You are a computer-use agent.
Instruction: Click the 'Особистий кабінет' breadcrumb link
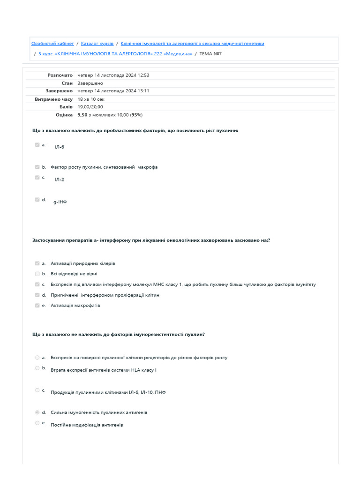click(x=52, y=44)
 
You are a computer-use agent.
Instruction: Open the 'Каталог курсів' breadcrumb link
click(x=97, y=44)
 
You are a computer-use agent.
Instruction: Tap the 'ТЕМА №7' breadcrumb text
click(x=210, y=54)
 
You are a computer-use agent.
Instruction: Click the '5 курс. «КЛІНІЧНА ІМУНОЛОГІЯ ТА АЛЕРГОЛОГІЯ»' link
click(x=115, y=54)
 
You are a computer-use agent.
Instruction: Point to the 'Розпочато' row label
click(x=60, y=75)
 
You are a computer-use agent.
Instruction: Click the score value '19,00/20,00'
click(x=90, y=107)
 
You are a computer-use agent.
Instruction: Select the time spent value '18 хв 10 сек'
click(x=91, y=99)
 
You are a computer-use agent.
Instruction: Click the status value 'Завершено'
click(x=90, y=83)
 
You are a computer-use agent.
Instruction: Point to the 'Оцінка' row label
click(x=64, y=115)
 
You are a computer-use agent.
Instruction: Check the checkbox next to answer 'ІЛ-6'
click(x=37, y=145)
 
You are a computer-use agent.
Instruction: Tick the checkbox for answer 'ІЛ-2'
click(x=37, y=178)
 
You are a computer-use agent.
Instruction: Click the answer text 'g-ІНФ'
click(x=60, y=202)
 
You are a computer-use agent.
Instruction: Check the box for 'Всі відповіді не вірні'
click(x=37, y=274)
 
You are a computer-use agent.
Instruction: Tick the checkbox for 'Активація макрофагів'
click(x=37, y=306)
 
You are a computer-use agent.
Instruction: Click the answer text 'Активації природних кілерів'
click(x=83, y=263)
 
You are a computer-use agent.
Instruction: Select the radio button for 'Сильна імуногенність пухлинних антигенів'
click(x=37, y=412)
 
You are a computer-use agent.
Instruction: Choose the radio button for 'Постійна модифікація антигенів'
click(x=37, y=423)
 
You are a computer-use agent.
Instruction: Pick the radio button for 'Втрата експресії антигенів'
click(x=37, y=368)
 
